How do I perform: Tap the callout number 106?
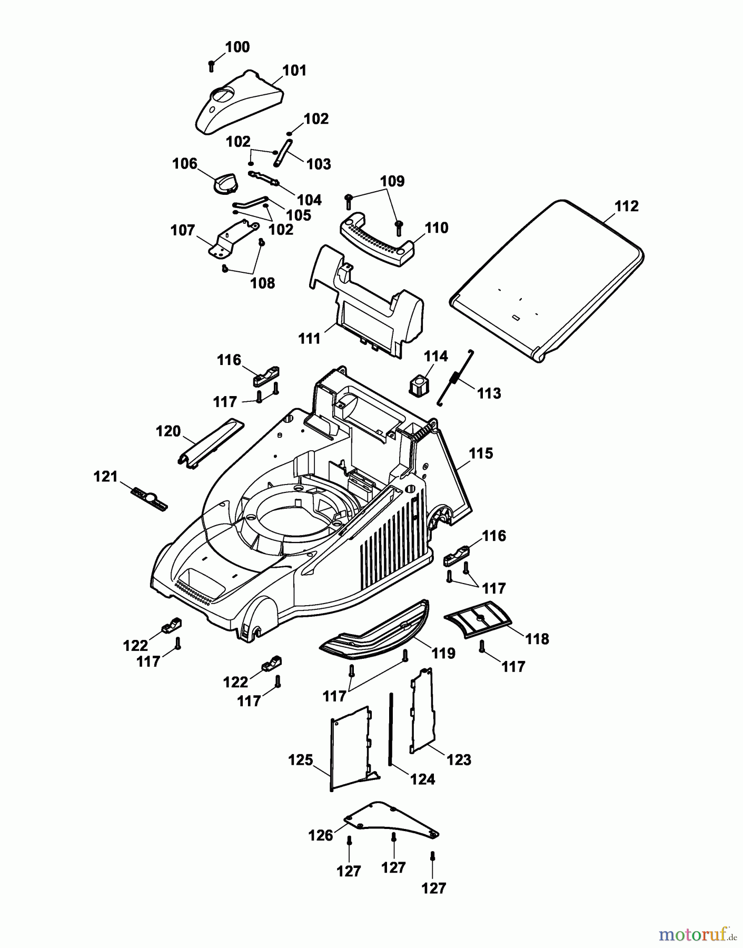click(184, 164)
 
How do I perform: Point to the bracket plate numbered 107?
click(232, 240)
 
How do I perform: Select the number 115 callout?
click(481, 453)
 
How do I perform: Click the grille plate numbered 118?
click(478, 619)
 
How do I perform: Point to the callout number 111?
click(309, 339)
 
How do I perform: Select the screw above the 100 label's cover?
click(211, 66)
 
